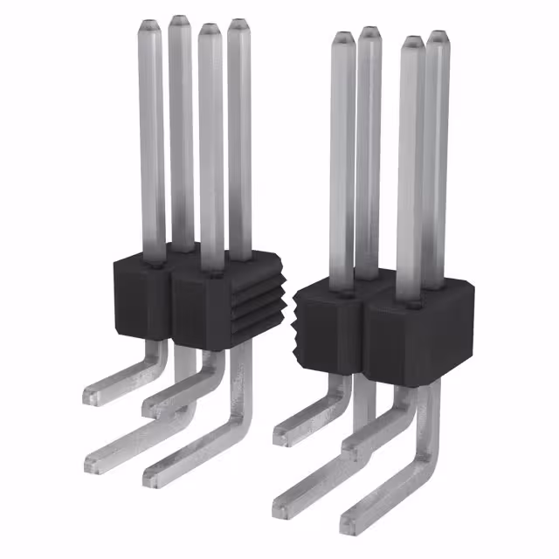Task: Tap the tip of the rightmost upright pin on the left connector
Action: (x=238, y=25)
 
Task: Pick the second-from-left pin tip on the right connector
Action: (x=369, y=33)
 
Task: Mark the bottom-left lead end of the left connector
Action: (x=93, y=464)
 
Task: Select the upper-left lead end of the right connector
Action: (x=281, y=433)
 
